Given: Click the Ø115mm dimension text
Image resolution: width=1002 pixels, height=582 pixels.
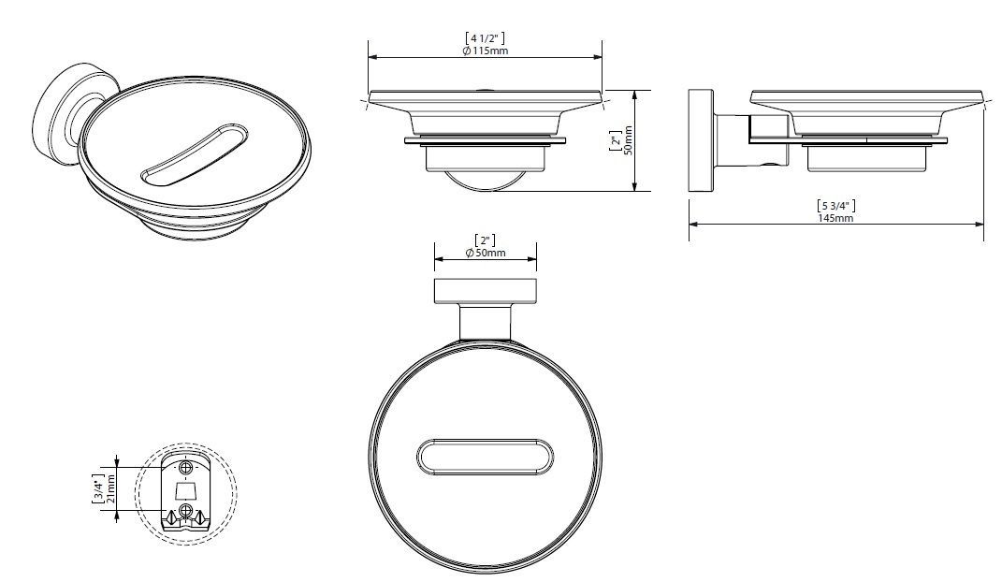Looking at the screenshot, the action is pyautogui.click(x=485, y=51).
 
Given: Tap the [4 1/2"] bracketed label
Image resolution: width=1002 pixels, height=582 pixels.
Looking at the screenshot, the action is pyautogui.click(x=485, y=39).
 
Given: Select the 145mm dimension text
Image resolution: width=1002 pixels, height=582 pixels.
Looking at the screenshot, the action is pyautogui.click(x=835, y=218).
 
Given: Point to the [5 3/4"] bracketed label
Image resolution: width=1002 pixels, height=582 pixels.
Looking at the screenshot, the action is pyautogui.click(x=835, y=206).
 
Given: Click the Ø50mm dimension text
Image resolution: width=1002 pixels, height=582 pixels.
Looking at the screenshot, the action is pyautogui.click(x=485, y=253).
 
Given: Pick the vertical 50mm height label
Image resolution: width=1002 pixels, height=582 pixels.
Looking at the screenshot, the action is pyautogui.click(x=628, y=140).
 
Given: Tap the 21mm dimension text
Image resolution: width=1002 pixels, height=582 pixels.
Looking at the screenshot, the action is pyautogui.click(x=112, y=488).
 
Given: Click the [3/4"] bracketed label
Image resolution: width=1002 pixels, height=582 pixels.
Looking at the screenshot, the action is pyautogui.click(x=99, y=488).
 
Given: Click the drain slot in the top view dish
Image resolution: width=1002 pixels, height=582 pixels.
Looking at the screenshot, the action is pyautogui.click(x=485, y=458).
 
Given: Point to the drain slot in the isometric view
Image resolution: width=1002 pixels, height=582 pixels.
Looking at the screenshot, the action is pyautogui.click(x=195, y=156).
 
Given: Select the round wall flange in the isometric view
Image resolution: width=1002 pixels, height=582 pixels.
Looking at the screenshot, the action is pyautogui.click(x=61, y=118).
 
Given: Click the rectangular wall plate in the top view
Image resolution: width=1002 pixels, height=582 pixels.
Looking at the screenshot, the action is pyautogui.click(x=485, y=291).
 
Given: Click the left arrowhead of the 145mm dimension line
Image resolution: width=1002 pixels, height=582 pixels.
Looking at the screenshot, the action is pyautogui.click(x=694, y=225).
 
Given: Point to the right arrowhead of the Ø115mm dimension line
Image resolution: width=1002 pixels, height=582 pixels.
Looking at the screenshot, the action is pyautogui.click(x=597, y=57).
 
